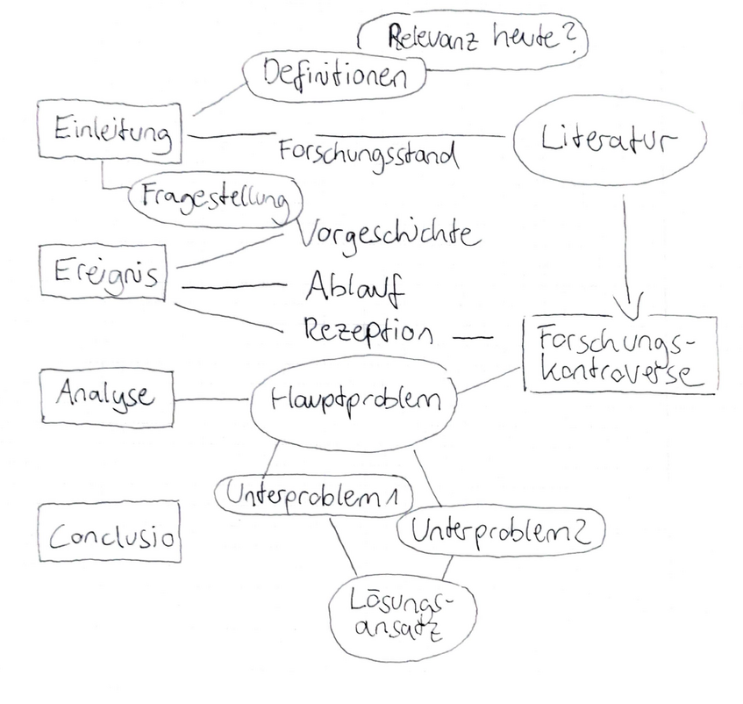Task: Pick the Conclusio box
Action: tap(110, 533)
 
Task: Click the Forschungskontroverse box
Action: tap(618, 353)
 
